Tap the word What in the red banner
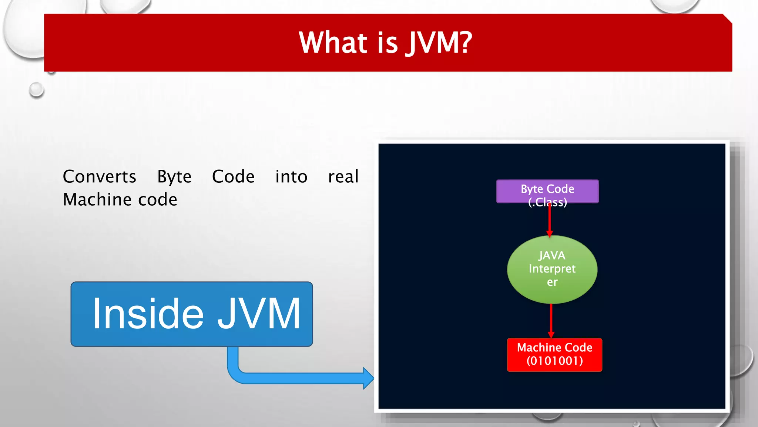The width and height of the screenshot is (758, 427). pyautogui.click(x=333, y=43)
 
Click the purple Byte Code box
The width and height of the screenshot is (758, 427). pyautogui.click(x=547, y=191)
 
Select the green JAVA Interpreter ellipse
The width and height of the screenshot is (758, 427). pyautogui.click(x=552, y=269)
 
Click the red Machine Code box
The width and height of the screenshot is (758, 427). pyautogui.click(x=554, y=354)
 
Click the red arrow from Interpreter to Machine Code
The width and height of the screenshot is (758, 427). pyautogui.click(x=551, y=320)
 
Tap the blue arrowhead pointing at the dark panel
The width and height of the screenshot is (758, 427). pyautogui.click(x=368, y=378)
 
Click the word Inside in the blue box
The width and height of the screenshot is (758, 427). pyautogui.click(x=148, y=314)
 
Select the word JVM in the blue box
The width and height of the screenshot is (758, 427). pyautogui.click(x=259, y=314)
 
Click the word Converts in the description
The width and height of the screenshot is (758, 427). pyautogui.click(x=100, y=177)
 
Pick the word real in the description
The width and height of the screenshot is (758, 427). pyautogui.click(x=343, y=177)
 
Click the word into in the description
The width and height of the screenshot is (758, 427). pyautogui.click(x=291, y=177)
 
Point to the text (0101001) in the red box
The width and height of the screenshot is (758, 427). pyautogui.click(x=554, y=361)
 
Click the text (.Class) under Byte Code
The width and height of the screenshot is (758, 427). pyautogui.click(x=547, y=202)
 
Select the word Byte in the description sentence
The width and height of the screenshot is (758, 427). pyautogui.click(x=174, y=177)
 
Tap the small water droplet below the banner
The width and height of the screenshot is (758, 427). pyautogui.click(x=36, y=90)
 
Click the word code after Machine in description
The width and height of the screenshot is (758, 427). pyautogui.click(x=158, y=200)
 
